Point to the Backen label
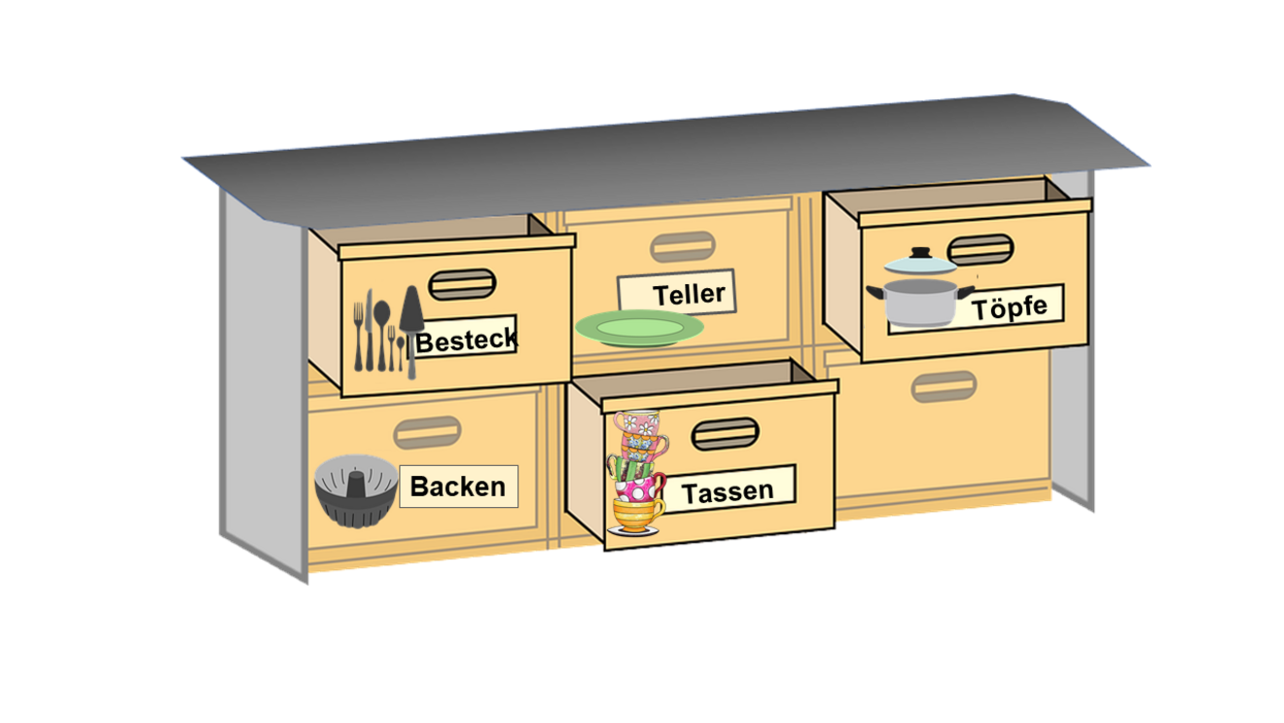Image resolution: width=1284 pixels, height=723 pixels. [458, 487]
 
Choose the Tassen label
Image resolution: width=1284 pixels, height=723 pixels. [728, 490]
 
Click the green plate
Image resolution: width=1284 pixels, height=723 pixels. [639, 329]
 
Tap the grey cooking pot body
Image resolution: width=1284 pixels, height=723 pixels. [919, 302]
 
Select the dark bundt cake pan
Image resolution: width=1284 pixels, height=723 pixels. [356, 489]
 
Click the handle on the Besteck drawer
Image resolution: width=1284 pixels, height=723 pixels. [462, 284]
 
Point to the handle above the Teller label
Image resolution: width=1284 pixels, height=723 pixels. [682, 247]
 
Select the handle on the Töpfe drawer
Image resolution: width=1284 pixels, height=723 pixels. [980, 249]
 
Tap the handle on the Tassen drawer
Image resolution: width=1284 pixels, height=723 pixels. [725, 434]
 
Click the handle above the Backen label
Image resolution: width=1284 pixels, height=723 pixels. [427, 432]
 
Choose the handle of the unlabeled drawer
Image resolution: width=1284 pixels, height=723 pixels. [944, 386]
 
